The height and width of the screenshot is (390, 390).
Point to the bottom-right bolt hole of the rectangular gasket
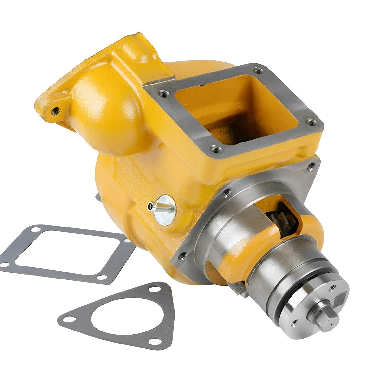(102, 277)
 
